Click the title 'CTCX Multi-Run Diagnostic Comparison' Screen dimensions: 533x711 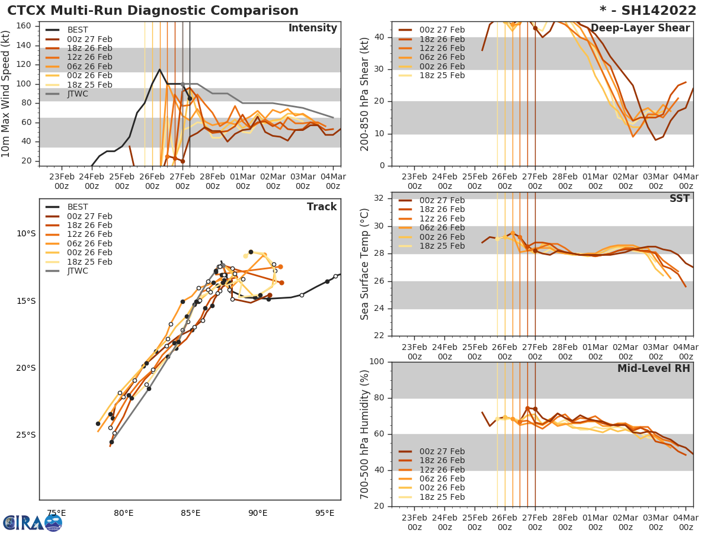tap(153, 11)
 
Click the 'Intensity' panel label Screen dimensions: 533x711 tap(312, 28)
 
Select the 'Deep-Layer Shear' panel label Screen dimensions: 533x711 tap(640, 28)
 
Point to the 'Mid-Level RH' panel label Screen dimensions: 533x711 tap(654, 368)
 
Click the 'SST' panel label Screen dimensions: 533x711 tap(680, 198)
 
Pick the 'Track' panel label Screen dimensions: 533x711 tap(321, 207)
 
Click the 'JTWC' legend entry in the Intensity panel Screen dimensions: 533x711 tap(78, 94)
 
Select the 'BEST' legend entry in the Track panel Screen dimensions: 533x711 tap(78, 207)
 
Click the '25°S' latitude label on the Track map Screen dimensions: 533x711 tap(25, 435)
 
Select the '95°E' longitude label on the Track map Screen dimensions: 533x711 tap(325, 513)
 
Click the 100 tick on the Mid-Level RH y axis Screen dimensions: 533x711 tap(379, 362)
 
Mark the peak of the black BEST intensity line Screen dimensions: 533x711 tap(159, 69)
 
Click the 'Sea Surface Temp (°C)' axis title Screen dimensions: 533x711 tap(365, 264)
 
